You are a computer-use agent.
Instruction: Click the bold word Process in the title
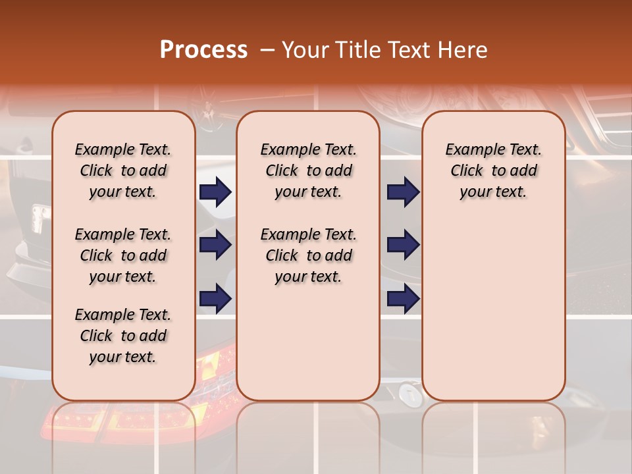(203, 50)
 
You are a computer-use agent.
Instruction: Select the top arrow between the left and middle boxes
(215, 192)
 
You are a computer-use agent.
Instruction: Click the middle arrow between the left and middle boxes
(215, 245)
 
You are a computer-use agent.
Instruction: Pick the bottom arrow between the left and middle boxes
(215, 298)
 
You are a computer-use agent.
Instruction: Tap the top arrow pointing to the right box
(403, 192)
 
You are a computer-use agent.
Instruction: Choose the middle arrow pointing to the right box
(403, 245)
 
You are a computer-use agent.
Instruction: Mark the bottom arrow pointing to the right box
(403, 298)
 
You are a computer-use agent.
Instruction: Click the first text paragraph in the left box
(123, 171)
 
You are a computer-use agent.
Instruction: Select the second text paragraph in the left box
(123, 255)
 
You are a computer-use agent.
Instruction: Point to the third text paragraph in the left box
(123, 336)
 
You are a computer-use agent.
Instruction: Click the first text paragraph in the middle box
(308, 171)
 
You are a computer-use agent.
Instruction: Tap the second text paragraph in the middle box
(308, 255)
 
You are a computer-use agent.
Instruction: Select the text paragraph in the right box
(493, 171)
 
